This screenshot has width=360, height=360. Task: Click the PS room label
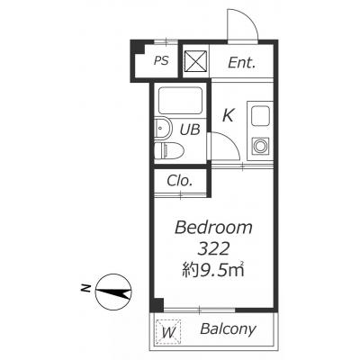[161, 61]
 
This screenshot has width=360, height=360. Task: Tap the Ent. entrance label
[242, 63]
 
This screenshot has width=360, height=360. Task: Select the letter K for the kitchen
[229, 115]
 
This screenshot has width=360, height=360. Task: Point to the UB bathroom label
[190, 130]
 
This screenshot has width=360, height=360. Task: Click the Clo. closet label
[179, 181]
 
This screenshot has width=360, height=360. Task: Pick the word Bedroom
[213, 228]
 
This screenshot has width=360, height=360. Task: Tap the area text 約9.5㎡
[212, 270]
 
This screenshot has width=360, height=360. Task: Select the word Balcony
[228, 329]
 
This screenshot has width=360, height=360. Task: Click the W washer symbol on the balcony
[168, 332]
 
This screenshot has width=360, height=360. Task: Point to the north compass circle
[113, 292]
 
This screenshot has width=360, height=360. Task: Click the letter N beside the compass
[86, 288]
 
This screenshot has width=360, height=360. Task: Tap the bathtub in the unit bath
[180, 101]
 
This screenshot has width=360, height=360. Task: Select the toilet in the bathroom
[169, 150]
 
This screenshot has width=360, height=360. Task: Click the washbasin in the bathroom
[163, 130]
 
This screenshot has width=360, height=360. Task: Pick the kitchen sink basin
[261, 116]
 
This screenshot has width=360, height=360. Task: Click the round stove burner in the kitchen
[261, 146]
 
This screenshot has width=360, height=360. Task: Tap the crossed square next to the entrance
[195, 61]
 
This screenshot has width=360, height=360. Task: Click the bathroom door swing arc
[230, 140]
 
